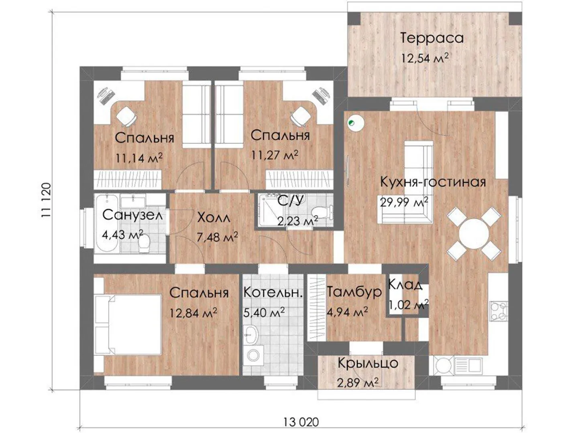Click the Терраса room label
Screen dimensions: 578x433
tap(431, 38)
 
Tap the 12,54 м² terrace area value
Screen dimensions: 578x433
tap(425, 58)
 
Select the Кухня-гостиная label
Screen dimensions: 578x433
tap(433, 182)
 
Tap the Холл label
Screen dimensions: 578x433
tap(214, 218)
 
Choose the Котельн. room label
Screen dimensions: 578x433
tap(272, 293)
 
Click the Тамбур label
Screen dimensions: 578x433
tap(354, 292)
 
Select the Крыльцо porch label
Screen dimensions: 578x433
tap(368, 364)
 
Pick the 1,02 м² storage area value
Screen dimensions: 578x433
tap(409, 306)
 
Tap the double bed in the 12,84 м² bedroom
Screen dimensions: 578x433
tap(128, 325)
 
